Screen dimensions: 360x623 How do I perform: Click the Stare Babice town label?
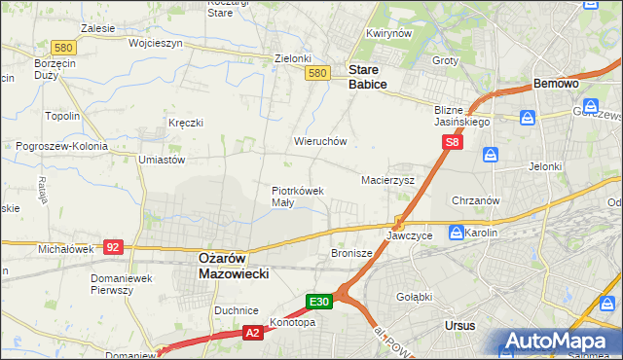[368, 78]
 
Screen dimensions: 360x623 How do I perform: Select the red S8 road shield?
[452, 142]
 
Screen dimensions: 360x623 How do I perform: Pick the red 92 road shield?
[113, 247]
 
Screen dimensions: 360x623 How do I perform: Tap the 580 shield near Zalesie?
[64, 48]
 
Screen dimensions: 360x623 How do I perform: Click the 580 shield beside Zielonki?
[316, 73]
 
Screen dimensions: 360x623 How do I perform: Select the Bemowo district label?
[557, 85]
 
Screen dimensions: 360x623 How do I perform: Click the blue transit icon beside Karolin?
[456, 233]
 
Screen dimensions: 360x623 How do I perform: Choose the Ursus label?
[458, 325]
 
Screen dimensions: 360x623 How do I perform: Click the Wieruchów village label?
[320, 141]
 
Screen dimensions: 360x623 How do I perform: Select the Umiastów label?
[162, 159]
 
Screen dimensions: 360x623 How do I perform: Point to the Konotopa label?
[293, 323]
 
